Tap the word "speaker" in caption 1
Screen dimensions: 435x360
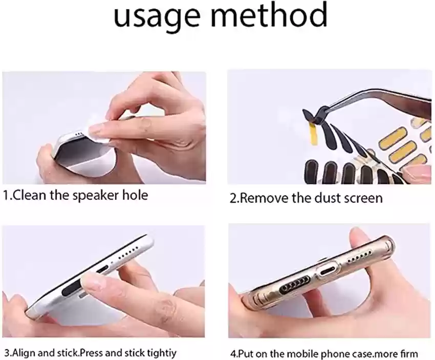click(x=96, y=196)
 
